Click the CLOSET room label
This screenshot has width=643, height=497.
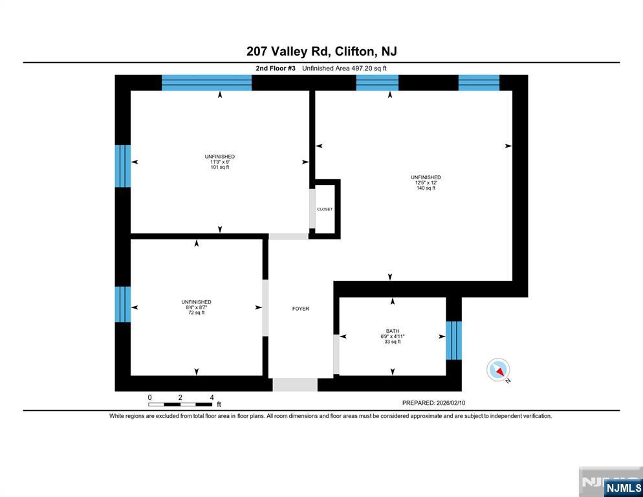click(x=325, y=209)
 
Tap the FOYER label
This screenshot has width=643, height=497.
click(x=301, y=309)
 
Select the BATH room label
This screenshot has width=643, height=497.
click(x=393, y=331)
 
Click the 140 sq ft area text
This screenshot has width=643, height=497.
click(x=426, y=188)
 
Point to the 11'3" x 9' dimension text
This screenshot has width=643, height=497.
click(x=220, y=162)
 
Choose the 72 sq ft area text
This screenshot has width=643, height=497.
click(x=196, y=313)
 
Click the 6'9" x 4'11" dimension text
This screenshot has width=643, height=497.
click(x=393, y=337)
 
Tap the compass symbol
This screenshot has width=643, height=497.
click(x=498, y=370)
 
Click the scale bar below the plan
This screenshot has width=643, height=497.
click(x=180, y=404)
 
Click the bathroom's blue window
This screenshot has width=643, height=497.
click(x=454, y=340)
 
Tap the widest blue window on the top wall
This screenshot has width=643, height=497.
click(x=206, y=82)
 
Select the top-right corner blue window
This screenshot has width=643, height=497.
click(x=479, y=82)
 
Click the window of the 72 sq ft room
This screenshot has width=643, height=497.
click(x=123, y=304)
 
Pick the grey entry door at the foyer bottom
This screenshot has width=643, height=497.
click(x=295, y=385)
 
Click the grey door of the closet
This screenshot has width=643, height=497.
click(x=312, y=209)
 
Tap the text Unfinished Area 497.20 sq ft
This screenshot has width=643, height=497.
click(x=344, y=68)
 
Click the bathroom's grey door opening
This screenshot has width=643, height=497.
click(x=336, y=354)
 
